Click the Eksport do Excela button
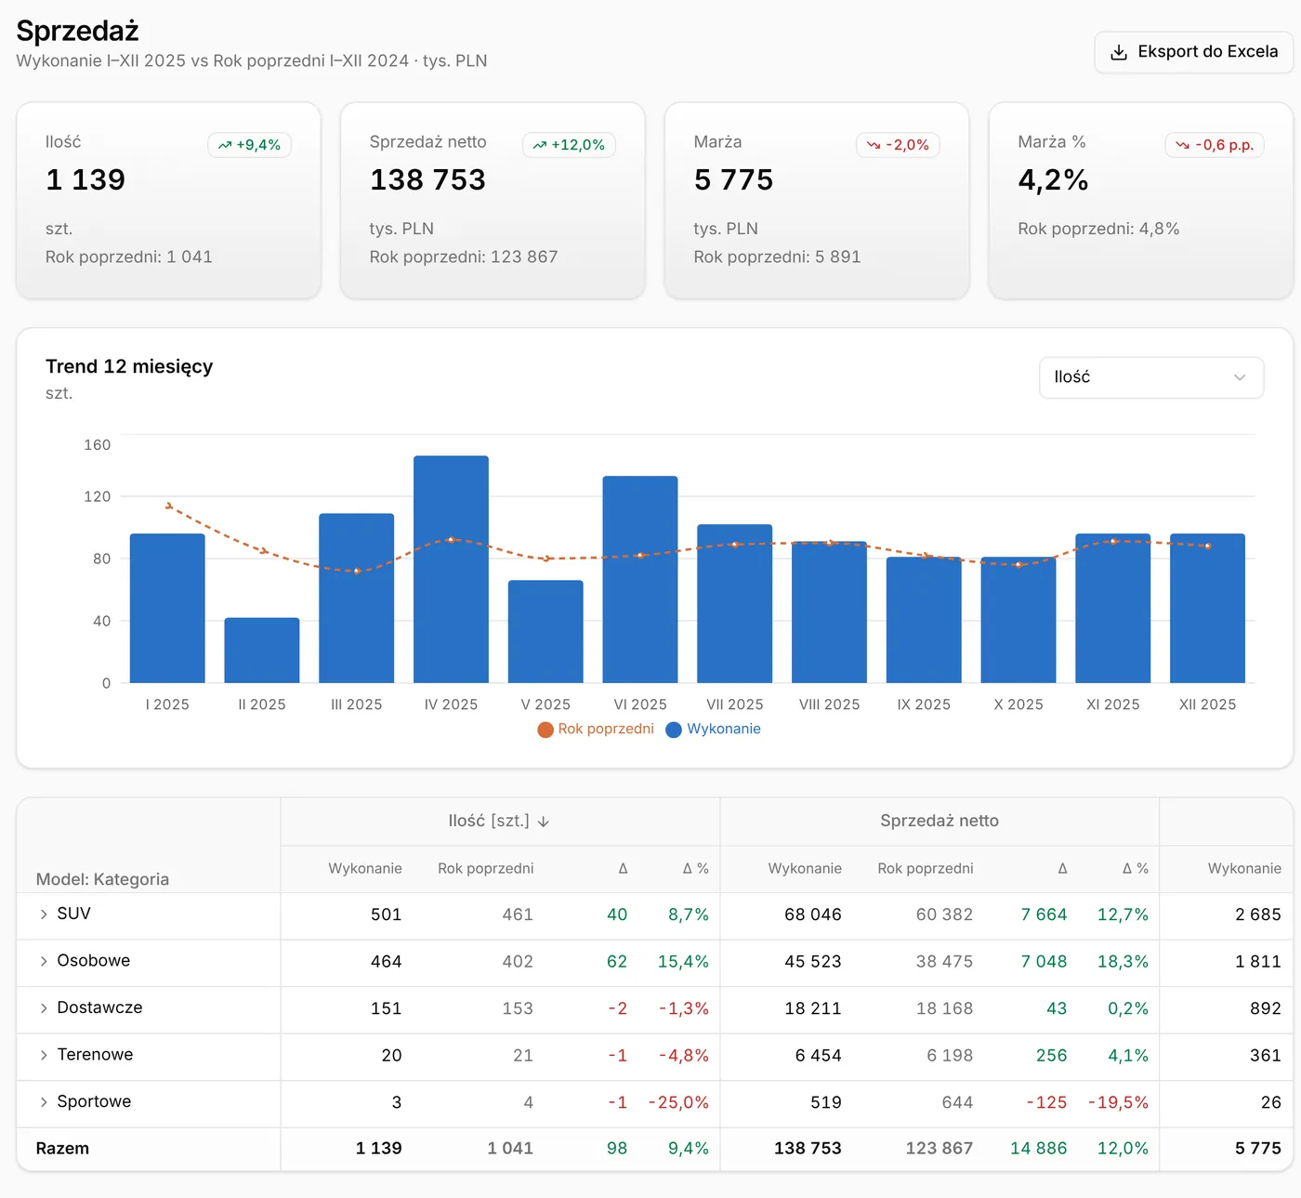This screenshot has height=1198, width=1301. (1192, 52)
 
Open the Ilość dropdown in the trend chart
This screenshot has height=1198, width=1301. (1150, 377)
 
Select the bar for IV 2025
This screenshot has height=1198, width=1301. (451, 569)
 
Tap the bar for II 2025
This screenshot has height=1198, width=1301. (262, 650)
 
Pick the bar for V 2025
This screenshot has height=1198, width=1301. (545, 631)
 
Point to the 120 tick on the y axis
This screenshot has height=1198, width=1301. (98, 496)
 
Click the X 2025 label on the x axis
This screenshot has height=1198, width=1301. (1018, 704)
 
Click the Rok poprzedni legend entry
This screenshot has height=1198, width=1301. (596, 729)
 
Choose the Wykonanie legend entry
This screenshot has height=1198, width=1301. (714, 729)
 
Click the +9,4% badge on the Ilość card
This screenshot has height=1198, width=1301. (250, 145)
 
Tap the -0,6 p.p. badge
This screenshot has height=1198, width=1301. (1214, 145)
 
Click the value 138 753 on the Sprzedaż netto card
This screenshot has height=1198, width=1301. (427, 179)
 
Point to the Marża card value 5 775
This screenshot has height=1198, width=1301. (733, 179)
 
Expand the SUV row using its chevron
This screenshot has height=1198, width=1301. (44, 914)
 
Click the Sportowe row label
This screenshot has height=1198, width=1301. (94, 1101)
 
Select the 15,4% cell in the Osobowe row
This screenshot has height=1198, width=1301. (683, 961)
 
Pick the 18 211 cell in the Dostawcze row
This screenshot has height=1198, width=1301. (812, 1008)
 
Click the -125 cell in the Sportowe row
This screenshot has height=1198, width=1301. (1046, 1102)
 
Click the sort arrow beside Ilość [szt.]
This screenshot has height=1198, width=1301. (544, 822)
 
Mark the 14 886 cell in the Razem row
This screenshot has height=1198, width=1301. (1038, 1148)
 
